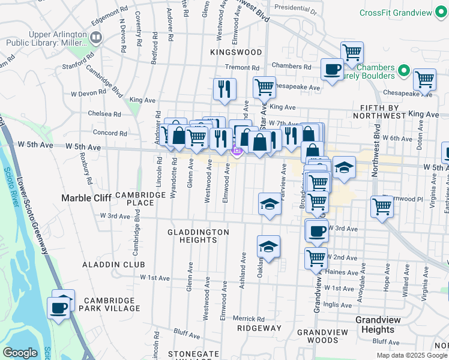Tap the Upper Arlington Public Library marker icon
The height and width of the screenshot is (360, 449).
[x=96, y=38]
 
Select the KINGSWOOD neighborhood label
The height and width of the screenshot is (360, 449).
[x=237, y=53]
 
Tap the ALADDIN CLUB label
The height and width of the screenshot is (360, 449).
[x=115, y=264]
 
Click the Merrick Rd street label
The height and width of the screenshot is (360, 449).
[x=249, y=319]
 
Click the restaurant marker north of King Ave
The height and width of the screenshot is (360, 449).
[x=225, y=88]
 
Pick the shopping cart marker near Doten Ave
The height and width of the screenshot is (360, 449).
[x=424, y=79]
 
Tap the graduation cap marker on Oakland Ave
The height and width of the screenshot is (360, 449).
[x=268, y=245]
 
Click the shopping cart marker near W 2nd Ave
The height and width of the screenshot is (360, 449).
[x=316, y=258]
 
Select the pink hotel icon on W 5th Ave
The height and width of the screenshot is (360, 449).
[x=237, y=152]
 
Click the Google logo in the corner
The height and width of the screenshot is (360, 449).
[x=20, y=353]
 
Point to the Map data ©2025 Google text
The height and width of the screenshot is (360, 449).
[x=411, y=355]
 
